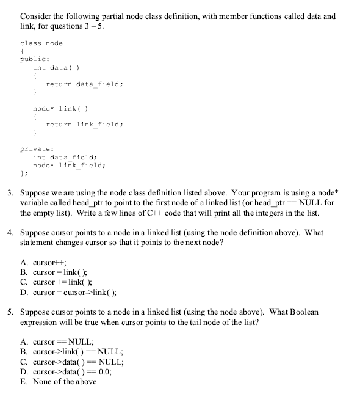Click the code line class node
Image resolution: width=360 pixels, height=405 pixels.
[41, 43]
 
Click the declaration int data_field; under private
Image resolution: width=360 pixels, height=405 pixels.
[64, 157]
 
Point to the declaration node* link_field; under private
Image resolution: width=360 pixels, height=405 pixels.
[68, 165]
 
